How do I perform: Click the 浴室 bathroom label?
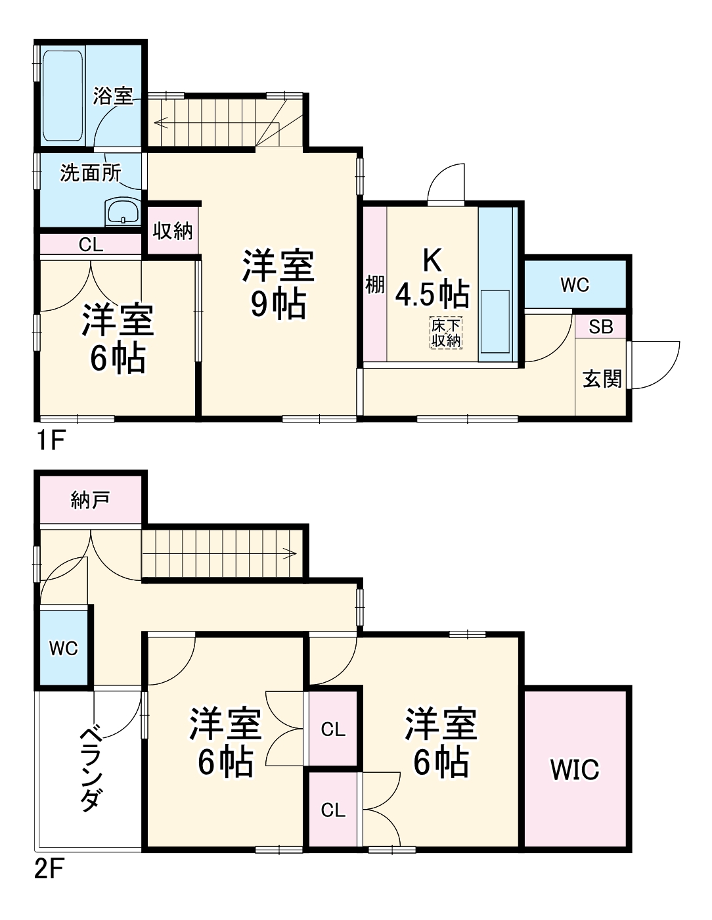(113, 96)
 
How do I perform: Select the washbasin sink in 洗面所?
(123, 213)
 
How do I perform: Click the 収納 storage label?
(173, 231)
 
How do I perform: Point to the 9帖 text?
(278, 304)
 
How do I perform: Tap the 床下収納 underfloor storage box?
(446, 333)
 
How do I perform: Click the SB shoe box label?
(600, 327)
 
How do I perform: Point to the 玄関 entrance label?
(602, 379)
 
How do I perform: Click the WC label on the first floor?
(575, 285)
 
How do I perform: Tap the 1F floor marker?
(50, 440)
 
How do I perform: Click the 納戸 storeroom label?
(90, 500)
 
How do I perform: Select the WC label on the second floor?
(64, 649)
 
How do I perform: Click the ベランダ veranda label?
(91, 769)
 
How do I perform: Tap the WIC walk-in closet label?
(575, 770)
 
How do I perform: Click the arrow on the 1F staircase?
(161, 122)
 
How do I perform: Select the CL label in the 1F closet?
(91, 245)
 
